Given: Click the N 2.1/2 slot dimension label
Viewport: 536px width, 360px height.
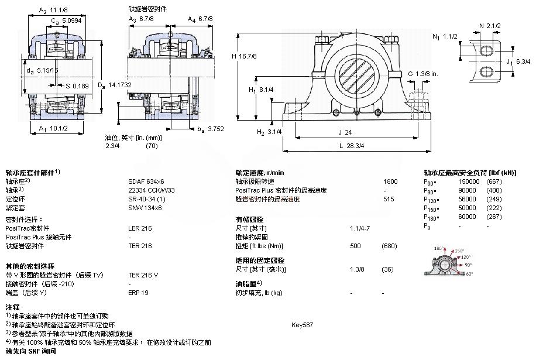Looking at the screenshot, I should (x=489, y=26).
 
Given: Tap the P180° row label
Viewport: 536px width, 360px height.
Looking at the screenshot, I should (x=431, y=217).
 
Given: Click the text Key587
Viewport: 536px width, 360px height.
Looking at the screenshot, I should (x=302, y=324).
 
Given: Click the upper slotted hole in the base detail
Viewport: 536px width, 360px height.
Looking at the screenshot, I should (x=487, y=52).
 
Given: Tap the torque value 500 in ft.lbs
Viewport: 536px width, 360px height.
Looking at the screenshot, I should (x=355, y=246).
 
